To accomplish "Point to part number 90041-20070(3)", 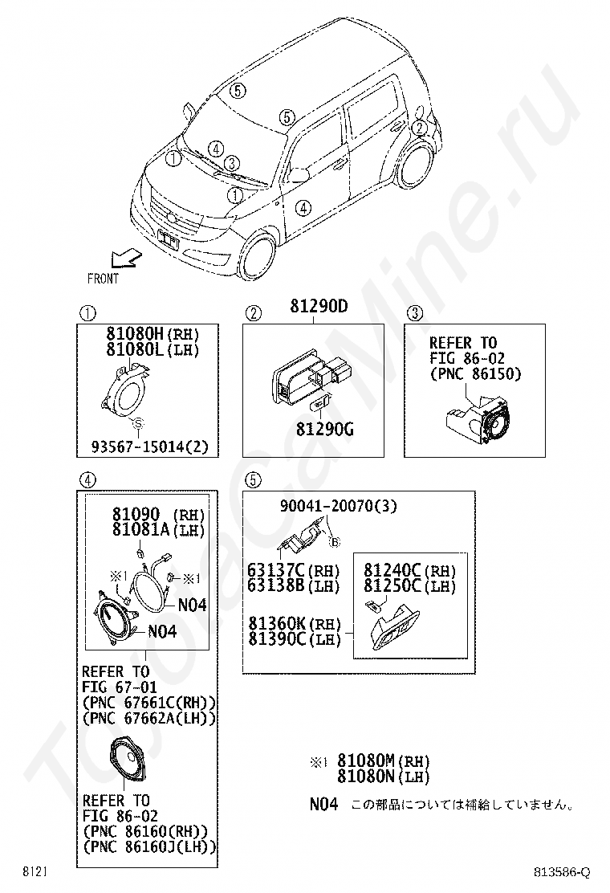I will (338, 506).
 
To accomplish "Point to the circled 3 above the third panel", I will (414, 313).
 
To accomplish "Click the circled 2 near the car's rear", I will (419, 127).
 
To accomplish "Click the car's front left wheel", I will (260, 255).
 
